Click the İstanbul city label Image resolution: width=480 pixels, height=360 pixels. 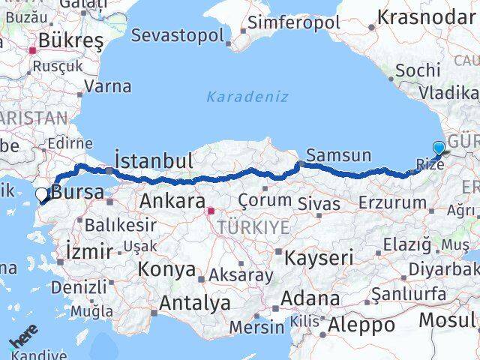point(154,160)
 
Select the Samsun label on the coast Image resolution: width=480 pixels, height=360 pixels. point(340,156)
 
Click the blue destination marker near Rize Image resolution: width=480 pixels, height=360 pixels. point(438,149)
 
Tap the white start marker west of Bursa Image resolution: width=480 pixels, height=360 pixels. point(42,194)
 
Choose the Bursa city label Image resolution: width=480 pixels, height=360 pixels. point(78,192)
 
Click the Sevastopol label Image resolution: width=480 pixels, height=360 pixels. point(177,35)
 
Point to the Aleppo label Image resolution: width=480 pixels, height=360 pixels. point(362,325)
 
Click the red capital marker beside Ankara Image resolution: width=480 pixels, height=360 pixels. point(211,211)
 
